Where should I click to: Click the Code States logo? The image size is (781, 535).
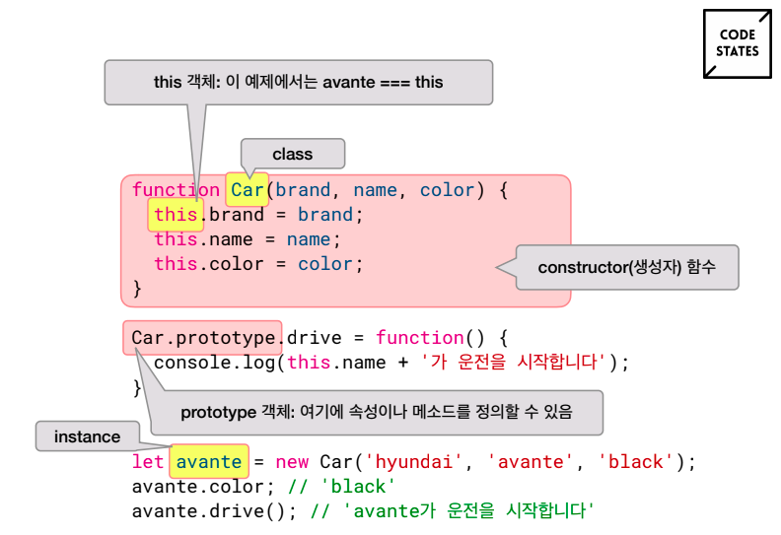(x=738, y=43)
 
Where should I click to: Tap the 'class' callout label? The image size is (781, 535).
(x=293, y=154)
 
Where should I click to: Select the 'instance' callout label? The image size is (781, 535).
(x=87, y=436)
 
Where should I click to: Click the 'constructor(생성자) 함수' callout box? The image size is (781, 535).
(x=627, y=267)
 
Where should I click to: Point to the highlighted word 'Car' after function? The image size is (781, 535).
(x=248, y=189)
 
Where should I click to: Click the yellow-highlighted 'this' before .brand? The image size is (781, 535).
(x=176, y=215)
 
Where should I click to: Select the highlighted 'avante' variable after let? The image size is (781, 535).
(x=209, y=461)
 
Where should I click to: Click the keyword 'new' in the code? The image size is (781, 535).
(x=292, y=462)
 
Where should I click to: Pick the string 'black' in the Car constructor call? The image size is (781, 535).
(x=636, y=462)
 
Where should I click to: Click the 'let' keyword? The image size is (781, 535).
(x=148, y=461)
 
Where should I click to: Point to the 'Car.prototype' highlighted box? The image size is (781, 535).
(x=203, y=337)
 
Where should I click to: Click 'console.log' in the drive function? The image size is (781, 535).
(x=214, y=363)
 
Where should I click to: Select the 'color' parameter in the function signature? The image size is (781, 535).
(x=447, y=189)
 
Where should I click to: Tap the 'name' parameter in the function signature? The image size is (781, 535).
(x=375, y=189)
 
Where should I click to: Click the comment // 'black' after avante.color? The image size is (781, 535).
(x=341, y=486)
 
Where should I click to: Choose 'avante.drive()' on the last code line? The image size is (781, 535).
(x=208, y=511)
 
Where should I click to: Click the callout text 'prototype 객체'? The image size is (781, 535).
(x=237, y=412)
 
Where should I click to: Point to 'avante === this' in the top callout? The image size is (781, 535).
(x=383, y=82)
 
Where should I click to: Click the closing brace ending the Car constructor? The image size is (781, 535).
(x=137, y=288)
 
